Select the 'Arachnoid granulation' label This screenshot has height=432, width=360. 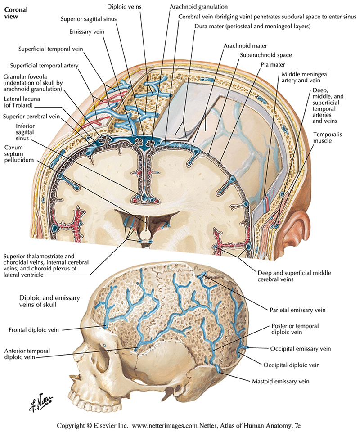point(198,7)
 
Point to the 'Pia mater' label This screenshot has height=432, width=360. point(273,65)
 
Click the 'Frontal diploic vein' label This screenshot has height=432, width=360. point(34,329)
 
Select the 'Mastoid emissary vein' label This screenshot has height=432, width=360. point(279,382)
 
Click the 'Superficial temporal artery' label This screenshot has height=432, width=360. point(45,66)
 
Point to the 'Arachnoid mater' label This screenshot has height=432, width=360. point(245,46)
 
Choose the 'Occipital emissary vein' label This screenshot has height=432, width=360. point(301,349)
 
